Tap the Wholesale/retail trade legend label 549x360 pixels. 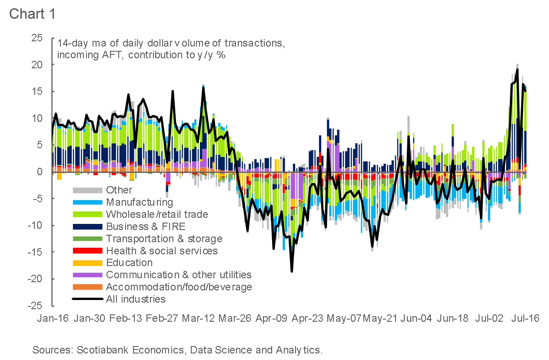point(157,214)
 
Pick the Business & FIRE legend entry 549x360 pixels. point(146,227)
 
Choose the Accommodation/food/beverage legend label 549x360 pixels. point(179,287)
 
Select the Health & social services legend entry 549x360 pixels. point(162,251)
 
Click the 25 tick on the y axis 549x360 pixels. point(37,38)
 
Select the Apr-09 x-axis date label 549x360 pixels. point(271,318)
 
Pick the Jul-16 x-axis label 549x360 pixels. point(525,318)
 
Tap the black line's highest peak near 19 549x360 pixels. point(517,70)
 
